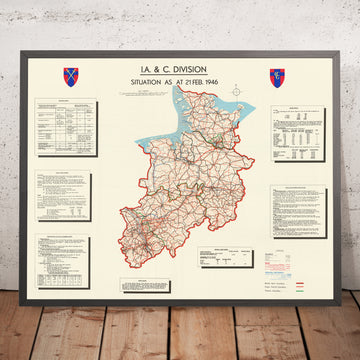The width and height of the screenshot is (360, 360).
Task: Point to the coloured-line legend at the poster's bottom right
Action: [297, 281]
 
